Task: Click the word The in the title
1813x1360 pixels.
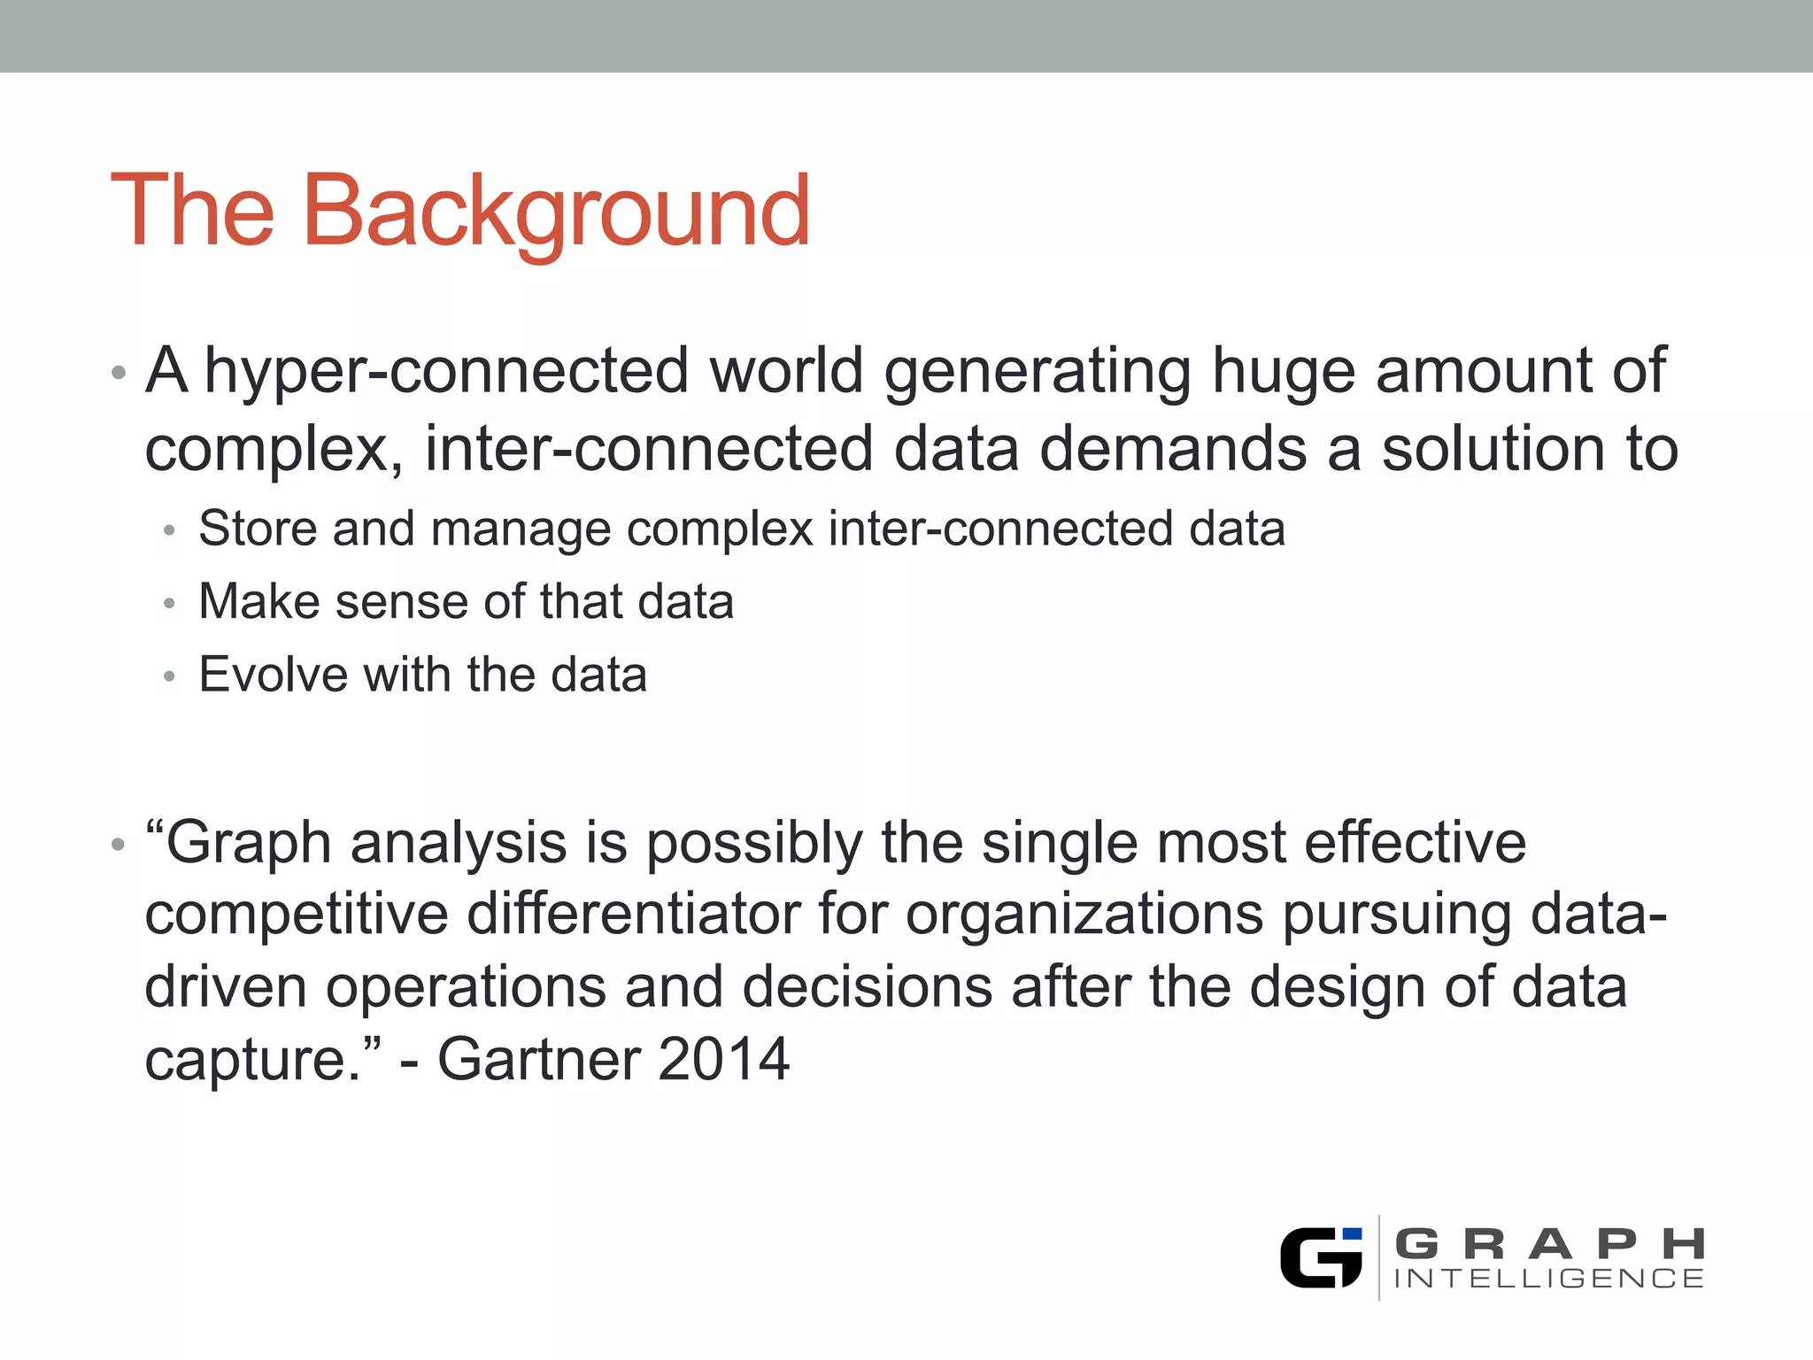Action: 192,211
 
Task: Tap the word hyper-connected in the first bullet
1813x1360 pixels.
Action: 446,372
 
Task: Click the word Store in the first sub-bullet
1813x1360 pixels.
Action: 258,529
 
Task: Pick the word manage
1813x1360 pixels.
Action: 521,530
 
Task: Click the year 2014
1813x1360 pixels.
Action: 723,1059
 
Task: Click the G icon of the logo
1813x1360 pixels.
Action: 1319,1257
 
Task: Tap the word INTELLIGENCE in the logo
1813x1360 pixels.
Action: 1549,1279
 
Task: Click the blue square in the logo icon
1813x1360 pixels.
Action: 1352,1234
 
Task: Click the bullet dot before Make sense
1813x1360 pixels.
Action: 170,604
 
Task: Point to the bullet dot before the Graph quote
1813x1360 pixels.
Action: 119,845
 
